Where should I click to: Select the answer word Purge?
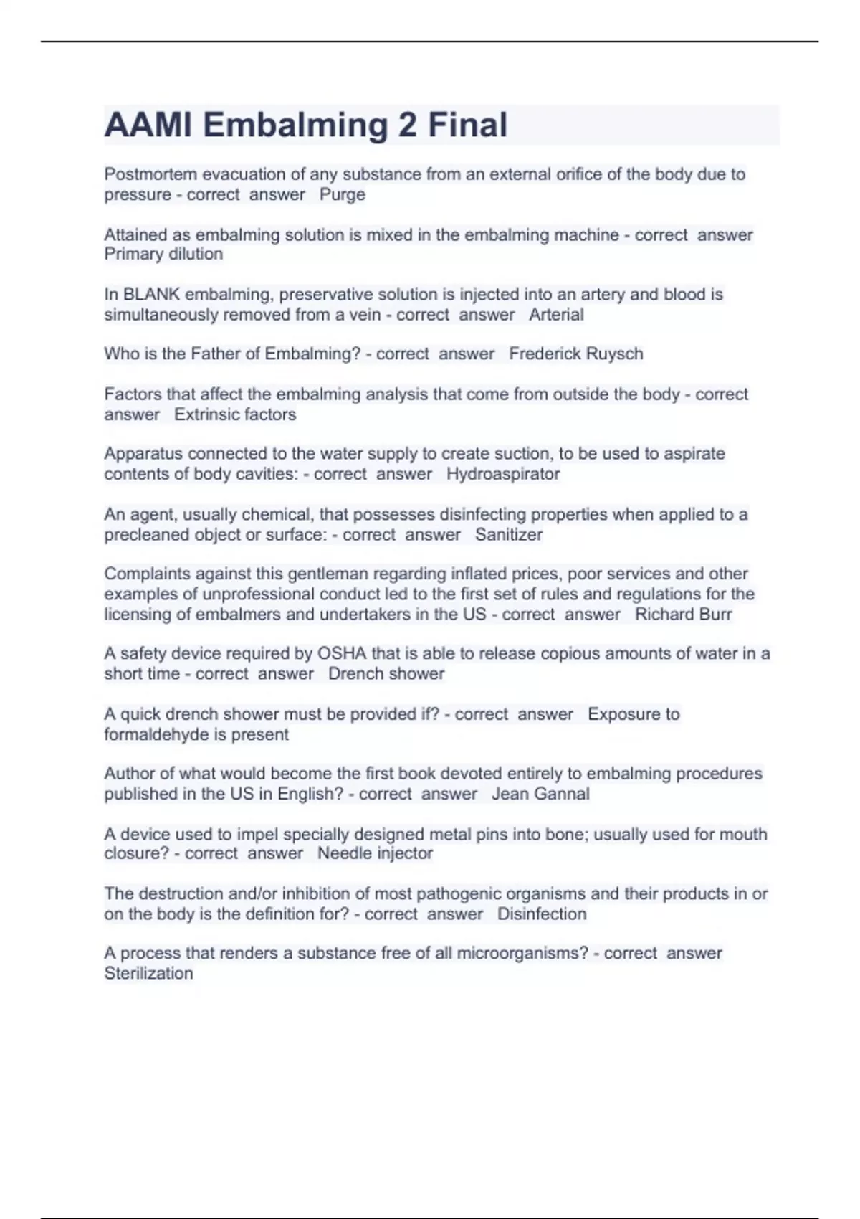coord(343,195)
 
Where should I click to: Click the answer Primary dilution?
coord(163,254)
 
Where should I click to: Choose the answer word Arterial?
coord(556,315)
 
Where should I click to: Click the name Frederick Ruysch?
coord(575,354)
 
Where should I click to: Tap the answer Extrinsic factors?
coord(235,414)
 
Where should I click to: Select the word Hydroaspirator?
coord(503,474)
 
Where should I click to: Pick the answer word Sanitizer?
coord(509,535)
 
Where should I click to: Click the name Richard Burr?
coord(684,615)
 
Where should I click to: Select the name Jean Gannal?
coord(540,794)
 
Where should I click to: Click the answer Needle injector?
coord(375,853)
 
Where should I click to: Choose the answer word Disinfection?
coord(542,914)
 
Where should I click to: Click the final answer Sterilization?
coord(148,974)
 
